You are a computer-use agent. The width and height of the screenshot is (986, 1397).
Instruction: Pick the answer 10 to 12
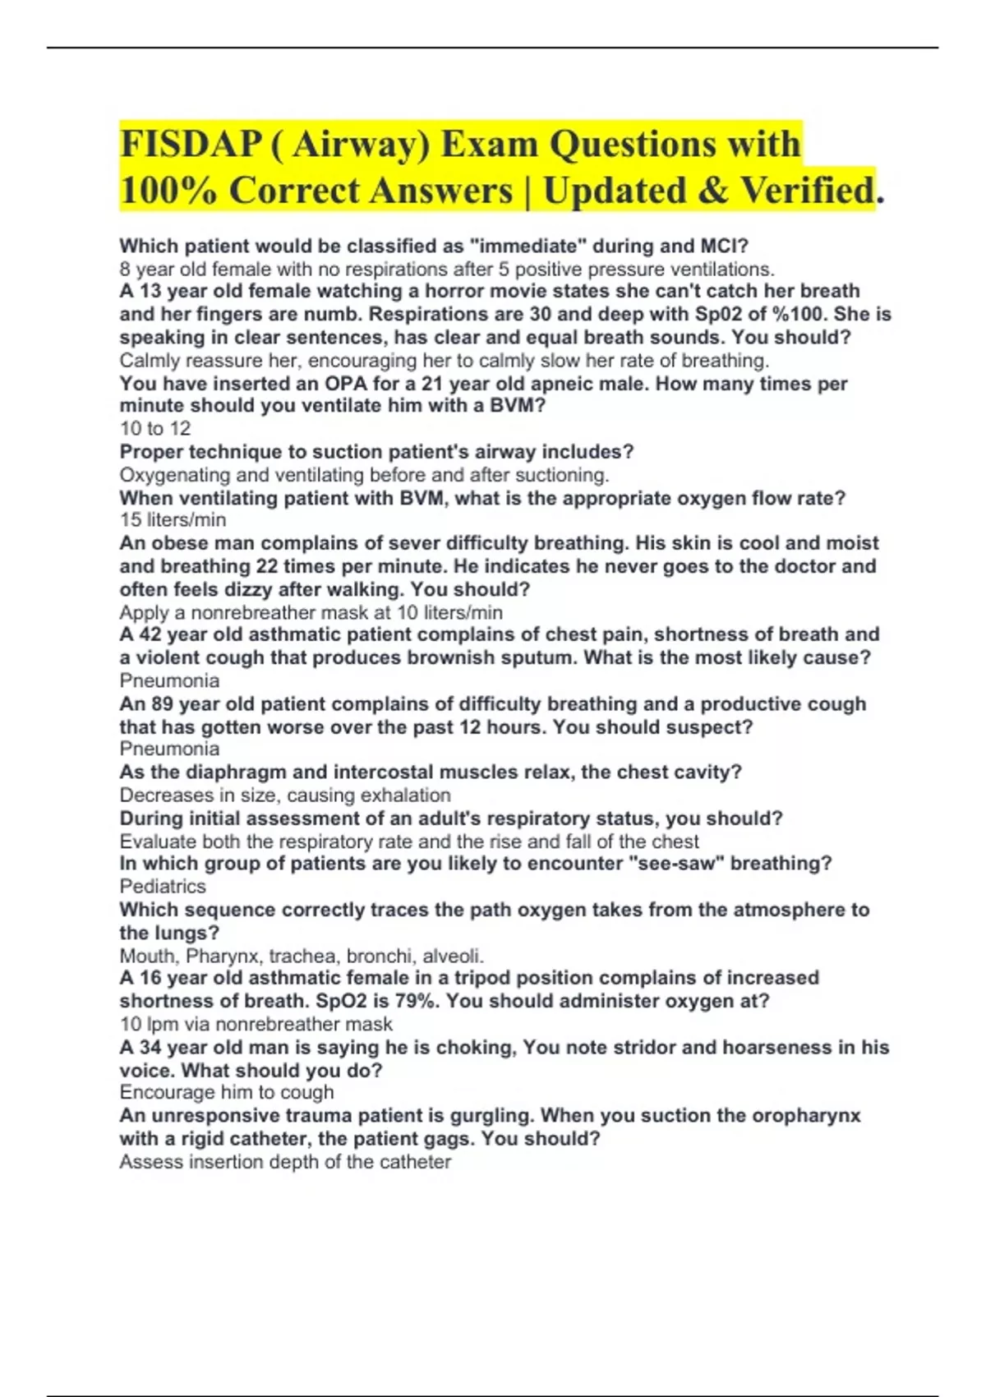[x=154, y=428]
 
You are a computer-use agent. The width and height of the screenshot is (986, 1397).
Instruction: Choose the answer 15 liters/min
[x=173, y=520]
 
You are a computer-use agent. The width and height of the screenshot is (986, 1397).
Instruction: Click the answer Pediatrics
[x=163, y=887]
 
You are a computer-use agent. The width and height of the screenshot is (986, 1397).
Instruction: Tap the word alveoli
[x=452, y=956]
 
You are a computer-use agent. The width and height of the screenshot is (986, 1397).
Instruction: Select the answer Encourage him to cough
[x=227, y=1092]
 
